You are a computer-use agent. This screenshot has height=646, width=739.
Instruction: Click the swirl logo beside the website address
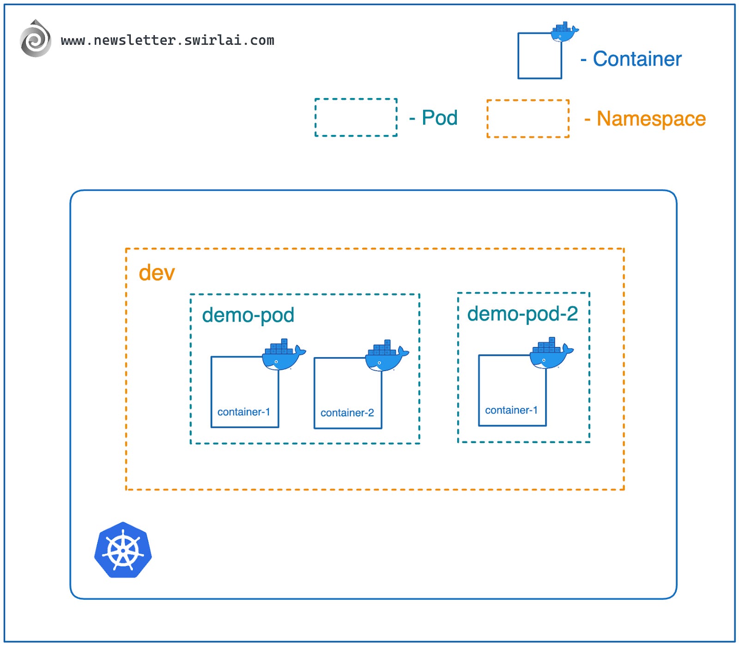click(x=36, y=39)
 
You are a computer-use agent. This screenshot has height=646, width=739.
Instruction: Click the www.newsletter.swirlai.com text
click(x=167, y=41)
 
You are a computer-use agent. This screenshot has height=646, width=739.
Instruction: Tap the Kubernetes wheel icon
click(x=123, y=550)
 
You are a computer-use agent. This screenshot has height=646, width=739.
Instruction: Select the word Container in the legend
click(x=637, y=59)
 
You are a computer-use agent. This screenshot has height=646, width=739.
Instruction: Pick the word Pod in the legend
click(x=439, y=118)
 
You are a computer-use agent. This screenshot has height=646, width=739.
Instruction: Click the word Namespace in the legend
click(x=651, y=119)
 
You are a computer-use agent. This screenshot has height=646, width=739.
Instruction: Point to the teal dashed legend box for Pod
click(x=356, y=117)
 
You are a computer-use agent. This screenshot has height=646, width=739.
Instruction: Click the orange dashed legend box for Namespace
click(x=527, y=119)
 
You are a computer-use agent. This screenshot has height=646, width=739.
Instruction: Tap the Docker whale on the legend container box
click(x=564, y=32)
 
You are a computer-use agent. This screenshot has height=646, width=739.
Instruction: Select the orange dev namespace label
click(x=157, y=273)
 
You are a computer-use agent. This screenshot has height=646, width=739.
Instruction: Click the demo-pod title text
click(x=248, y=315)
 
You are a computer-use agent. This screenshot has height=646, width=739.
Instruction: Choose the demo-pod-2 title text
click(x=522, y=314)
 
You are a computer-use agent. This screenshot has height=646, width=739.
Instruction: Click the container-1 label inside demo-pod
click(x=243, y=412)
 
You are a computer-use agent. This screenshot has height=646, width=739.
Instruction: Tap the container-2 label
click(x=347, y=413)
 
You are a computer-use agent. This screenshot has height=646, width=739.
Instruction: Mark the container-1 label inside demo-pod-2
click(x=511, y=410)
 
